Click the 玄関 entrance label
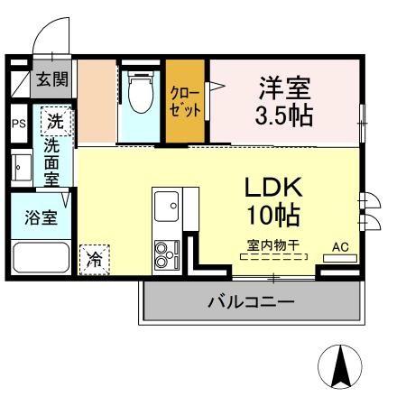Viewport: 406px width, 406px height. click(52, 79)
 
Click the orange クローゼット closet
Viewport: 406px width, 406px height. click(187, 101)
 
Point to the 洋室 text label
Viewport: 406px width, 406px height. click(285, 88)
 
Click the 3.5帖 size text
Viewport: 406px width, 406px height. click(285, 115)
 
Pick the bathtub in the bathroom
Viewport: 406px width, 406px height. click(41, 257)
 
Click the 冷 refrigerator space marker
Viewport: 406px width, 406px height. click(95, 259)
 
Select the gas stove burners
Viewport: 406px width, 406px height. click(166, 254)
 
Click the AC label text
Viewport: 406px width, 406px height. click(340, 245)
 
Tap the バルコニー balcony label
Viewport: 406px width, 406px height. click(250, 301)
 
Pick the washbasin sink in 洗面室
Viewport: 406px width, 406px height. click(20, 166)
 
